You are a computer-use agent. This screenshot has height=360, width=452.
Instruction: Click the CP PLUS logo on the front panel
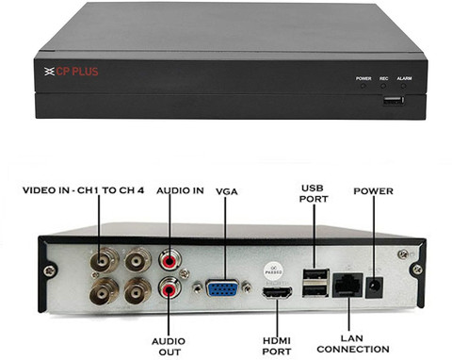71,72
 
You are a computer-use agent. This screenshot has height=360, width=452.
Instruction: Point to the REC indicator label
384,78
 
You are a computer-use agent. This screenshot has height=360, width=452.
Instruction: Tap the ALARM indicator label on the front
404,78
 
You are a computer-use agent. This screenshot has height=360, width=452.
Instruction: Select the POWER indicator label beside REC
363,78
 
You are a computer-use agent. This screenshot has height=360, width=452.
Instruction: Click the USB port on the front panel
394,99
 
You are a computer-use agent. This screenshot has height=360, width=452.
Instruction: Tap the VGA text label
227,191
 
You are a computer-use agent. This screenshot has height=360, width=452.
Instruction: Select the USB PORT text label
312,193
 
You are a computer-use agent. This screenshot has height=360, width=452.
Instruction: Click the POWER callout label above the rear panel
373,191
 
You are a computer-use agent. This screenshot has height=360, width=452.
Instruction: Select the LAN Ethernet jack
348,283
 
